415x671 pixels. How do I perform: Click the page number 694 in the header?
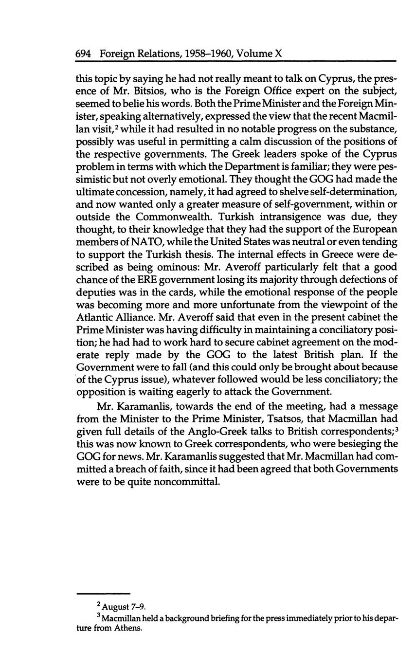84,54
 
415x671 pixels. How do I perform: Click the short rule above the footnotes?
104,594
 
